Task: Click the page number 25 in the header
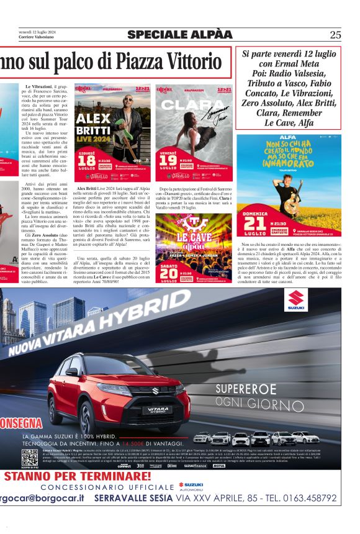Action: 336,35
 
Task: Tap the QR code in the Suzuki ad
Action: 29,458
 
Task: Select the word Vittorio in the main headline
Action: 183,61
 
